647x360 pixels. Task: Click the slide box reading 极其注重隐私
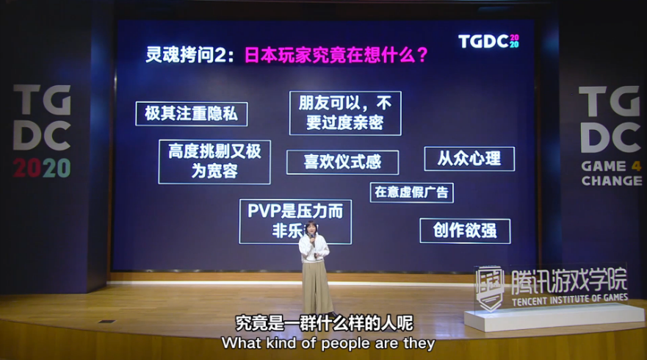click(192, 114)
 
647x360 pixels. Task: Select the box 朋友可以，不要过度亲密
click(345, 112)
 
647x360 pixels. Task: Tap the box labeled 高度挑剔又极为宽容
click(214, 162)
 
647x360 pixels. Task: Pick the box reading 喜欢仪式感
click(342, 162)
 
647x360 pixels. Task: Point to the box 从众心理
click(469, 159)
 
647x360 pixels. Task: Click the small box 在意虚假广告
click(411, 192)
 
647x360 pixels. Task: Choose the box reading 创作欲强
click(465, 231)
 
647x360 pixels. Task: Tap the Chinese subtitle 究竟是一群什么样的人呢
click(324, 323)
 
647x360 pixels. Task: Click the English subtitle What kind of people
click(328, 342)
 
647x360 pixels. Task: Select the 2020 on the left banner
click(42, 168)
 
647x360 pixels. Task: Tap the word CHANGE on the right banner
click(611, 181)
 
